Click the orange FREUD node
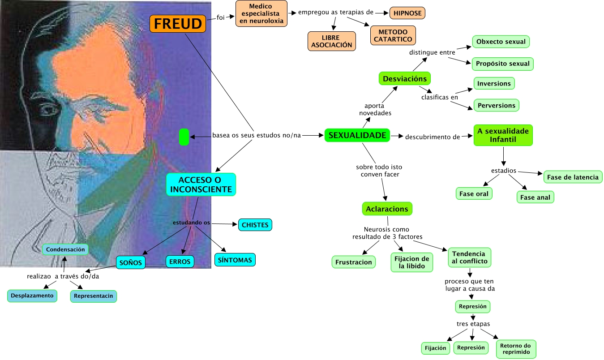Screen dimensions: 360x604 coord(178,24)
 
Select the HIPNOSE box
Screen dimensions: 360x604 coord(407,13)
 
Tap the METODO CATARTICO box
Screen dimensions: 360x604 coord(393,36)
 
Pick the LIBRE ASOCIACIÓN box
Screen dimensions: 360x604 coord(332,41)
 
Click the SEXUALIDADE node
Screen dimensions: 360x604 coord(357,135)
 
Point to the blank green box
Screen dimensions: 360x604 coord(184,137)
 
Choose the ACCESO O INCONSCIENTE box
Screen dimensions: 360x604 coord(201,184)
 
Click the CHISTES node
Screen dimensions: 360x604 coord(255,225)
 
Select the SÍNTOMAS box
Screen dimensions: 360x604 coord(235,260)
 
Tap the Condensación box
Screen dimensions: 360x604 coord(65,249)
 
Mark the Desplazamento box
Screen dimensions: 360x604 coord(32,296)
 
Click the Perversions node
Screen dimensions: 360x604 coord(496,106)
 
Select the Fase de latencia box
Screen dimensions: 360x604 coord(572,177)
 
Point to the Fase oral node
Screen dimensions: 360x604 coord(474,194)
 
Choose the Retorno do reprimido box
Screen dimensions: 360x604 coord(515,349)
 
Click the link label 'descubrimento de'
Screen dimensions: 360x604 coord(433,137)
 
